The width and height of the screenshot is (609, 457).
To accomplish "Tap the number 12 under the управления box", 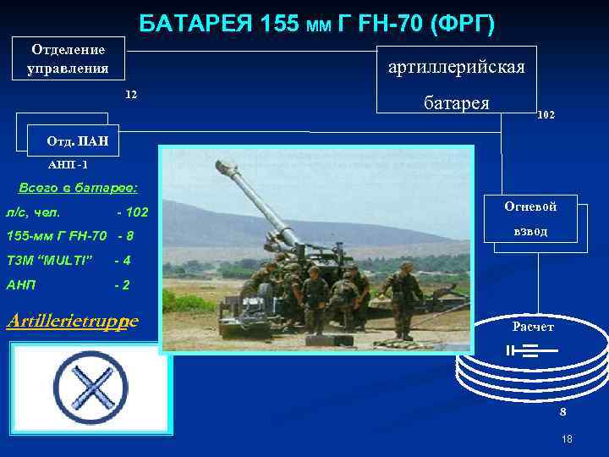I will (130, 93).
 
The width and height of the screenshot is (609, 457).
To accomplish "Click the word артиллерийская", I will (456, 66).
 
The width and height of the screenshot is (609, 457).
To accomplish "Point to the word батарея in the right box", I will (456, 102).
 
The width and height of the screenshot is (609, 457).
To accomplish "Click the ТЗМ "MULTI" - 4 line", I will (68, 260).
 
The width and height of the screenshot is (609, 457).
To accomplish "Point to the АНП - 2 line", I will (68, 285).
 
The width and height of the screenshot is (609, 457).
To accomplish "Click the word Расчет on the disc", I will (533, 327).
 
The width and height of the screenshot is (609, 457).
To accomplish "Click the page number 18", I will (567, 438).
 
